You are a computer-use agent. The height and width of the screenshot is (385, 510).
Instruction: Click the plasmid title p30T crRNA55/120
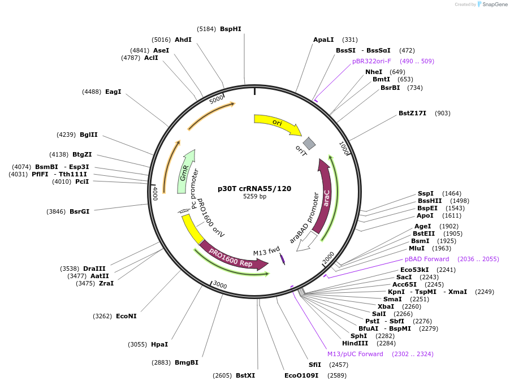254,188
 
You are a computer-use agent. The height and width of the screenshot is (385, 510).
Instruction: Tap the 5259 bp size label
254,197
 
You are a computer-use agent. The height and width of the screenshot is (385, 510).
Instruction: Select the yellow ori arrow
276,124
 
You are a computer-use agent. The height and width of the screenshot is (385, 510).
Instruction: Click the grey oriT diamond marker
309,143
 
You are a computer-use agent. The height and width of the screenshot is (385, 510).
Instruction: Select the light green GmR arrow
185,167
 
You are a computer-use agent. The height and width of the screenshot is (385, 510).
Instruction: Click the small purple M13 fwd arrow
282,259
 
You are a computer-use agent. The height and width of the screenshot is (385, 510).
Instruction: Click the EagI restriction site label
113,92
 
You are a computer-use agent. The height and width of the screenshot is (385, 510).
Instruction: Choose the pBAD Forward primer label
427,259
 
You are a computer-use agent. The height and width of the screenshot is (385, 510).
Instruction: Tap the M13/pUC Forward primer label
355,354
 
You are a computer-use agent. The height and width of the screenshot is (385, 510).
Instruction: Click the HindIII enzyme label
355,343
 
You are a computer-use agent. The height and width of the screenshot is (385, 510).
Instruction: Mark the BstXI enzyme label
245,375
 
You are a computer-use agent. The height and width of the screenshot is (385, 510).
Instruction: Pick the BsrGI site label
79,211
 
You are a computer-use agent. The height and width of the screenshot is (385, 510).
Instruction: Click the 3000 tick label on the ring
220,285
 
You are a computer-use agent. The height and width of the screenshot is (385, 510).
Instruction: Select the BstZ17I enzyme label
412,113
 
